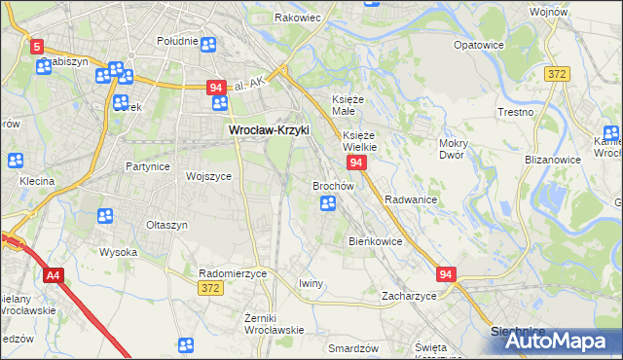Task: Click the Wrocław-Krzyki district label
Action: click(x=267, y=128)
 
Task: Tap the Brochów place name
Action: click(x=332, y=185)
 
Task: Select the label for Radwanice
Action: click(x=410, y=198)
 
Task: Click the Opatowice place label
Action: click(x=479, y=45)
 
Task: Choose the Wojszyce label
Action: click(x=208, y=176)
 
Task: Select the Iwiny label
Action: click(x=311, y=283)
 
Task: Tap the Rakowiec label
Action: click(x=298, y=18)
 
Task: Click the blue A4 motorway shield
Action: click(x=53, y=276)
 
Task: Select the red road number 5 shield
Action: click(x=37, y=46)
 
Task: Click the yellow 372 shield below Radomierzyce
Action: click(x=209, y=289)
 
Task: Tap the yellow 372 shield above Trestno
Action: click(x=558, y=75)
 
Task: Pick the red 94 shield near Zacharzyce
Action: click(x=446, y=275)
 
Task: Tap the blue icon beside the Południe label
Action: click(x=208, y=43)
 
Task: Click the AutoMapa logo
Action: click(x=554, y=341)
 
